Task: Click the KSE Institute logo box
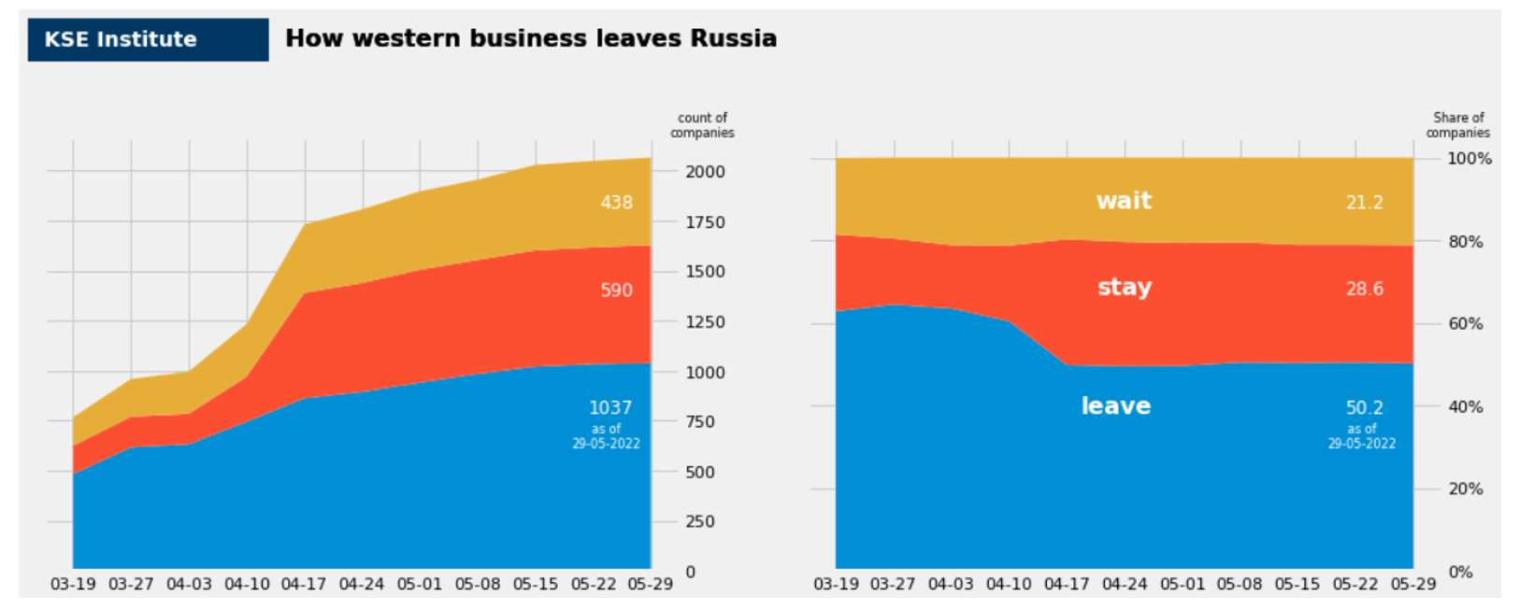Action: (148, 39)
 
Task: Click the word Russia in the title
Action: (734, 38)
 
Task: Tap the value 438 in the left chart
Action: (616, 202)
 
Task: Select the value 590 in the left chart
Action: (616, 291)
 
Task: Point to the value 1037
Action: (610, 407)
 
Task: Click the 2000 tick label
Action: (705, 172)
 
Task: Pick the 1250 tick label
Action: (705, 322)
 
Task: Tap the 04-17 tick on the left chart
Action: (304, 584)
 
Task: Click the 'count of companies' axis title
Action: (702, 125)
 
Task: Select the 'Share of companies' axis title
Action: (1458, 125)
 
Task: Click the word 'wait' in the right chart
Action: (1124, 201)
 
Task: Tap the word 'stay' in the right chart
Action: (1125, 287)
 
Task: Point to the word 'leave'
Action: (1115, 405)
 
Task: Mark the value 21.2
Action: (1365, 202)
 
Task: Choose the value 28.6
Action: (1365, 289)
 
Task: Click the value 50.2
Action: (1365, 407)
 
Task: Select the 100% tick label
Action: (1470, 159)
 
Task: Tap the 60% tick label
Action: (1466, 323)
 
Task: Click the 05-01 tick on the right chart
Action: (1183, 584)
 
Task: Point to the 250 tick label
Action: (700, 521)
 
